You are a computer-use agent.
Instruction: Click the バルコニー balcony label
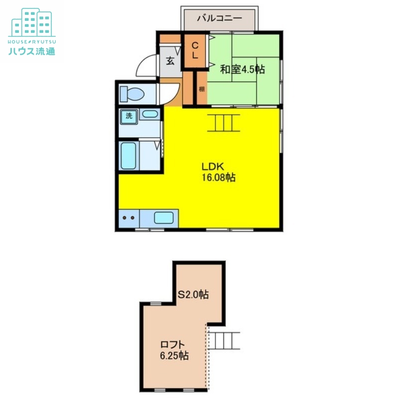point(219,18)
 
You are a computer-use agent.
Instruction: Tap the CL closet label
point(195,51)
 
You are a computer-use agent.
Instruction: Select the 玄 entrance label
point(170,61)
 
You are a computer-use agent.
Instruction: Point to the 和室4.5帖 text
point(242,69)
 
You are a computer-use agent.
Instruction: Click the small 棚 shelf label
point(201,89)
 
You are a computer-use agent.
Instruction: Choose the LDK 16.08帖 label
point(218,172)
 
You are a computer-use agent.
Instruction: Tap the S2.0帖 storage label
point(193,295)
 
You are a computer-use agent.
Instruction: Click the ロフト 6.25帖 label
point(174,350)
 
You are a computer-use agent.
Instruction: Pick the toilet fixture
point(132,94)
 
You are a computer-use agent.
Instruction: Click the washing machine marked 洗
point(129,117)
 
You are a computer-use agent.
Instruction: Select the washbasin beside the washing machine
point(150,114)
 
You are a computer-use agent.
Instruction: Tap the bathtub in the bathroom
point(128,156)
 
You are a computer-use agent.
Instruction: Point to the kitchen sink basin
point(164,218)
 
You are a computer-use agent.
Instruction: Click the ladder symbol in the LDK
point(223,123)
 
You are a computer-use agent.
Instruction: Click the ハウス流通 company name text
point(32,52)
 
